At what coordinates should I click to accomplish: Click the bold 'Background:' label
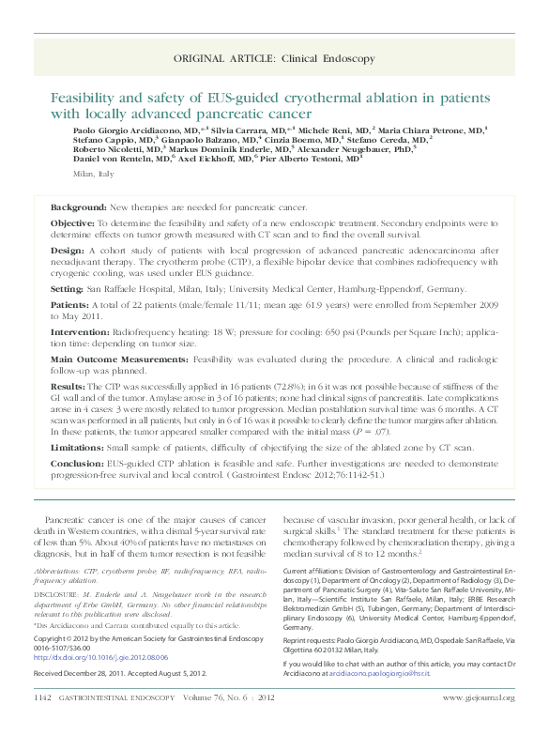[x=78, y=206]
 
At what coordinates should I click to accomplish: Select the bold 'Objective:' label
[x=73, y=223]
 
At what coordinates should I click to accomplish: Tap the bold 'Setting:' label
[x=68, y=291]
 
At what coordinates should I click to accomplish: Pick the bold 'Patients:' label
[x=70, y=305]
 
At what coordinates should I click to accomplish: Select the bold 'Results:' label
[x=69, y=386]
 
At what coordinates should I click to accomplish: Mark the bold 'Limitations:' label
[x=77, y=448]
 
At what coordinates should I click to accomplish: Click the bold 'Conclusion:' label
[x=77, y=463]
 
